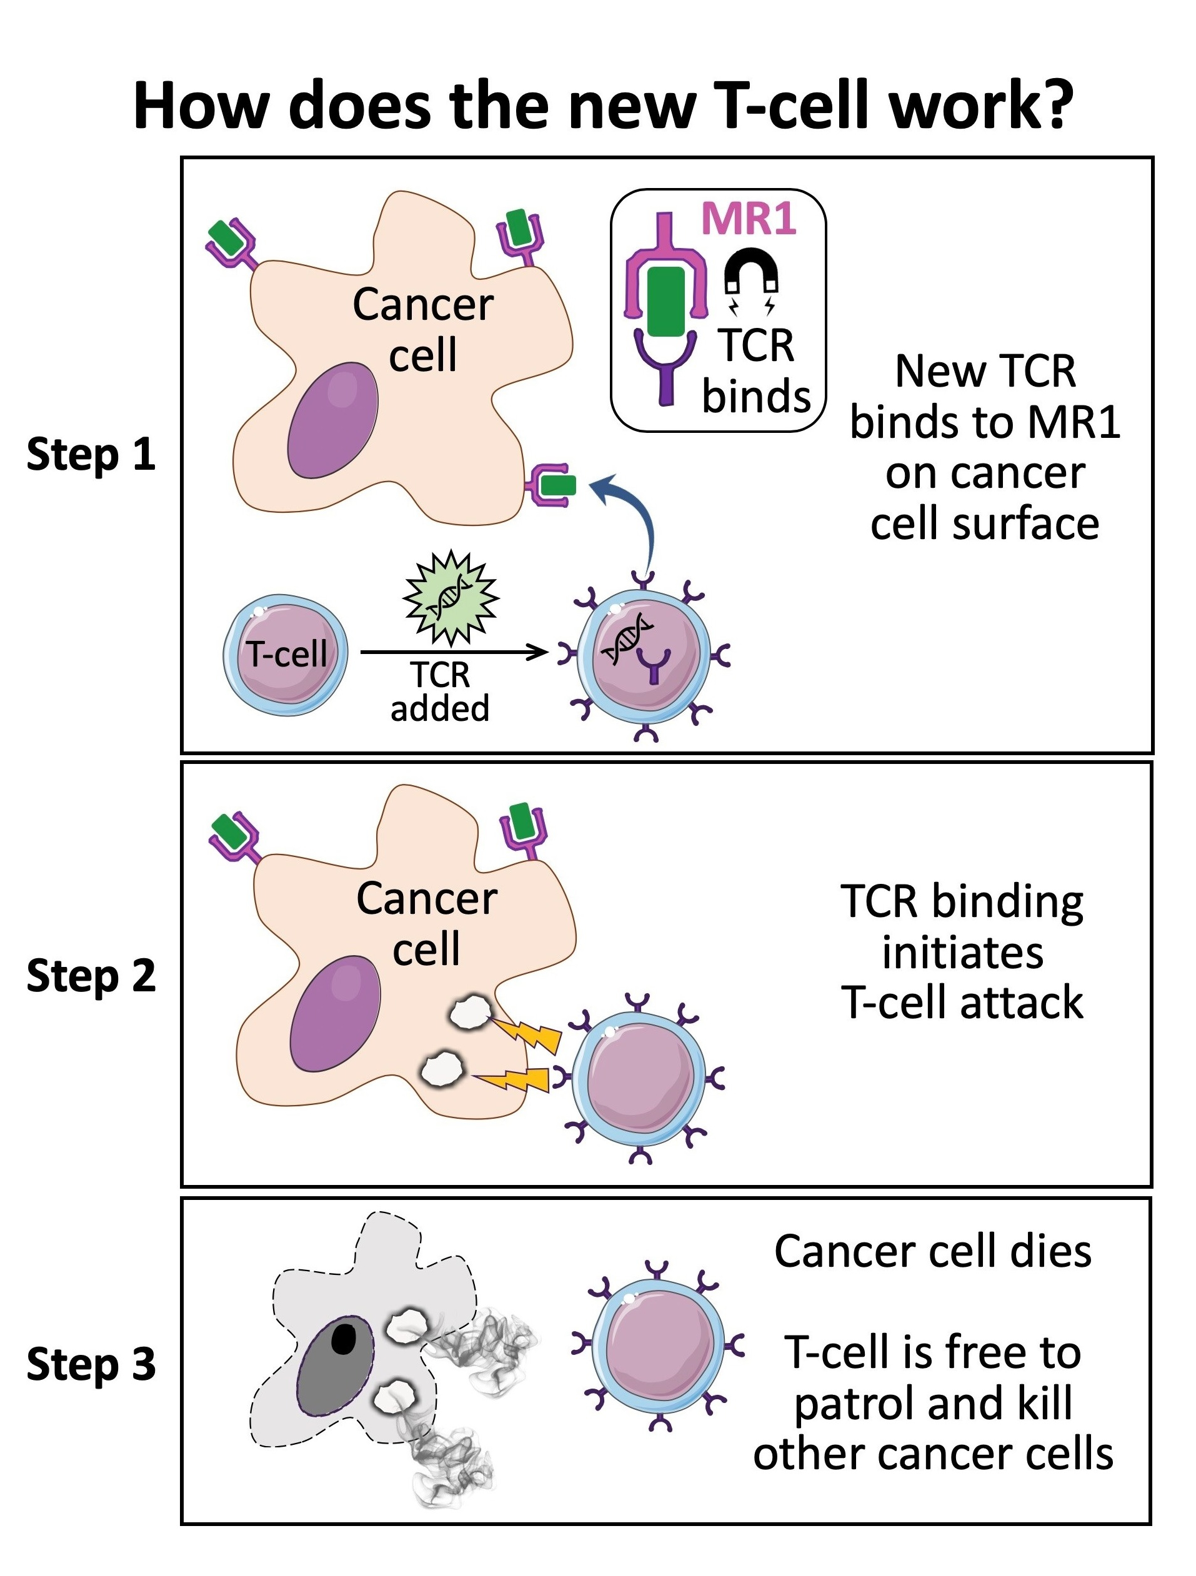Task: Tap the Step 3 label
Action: tap(91, 1364)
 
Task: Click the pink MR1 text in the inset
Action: tap(749, 218)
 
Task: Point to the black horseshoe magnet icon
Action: tap(750, 274)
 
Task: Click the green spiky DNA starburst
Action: tap(451, 597)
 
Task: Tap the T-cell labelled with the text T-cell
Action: tap(286, 654)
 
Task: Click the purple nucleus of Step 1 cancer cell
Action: tap(332, 420)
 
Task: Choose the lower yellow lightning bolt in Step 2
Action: tap(514, 1081)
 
